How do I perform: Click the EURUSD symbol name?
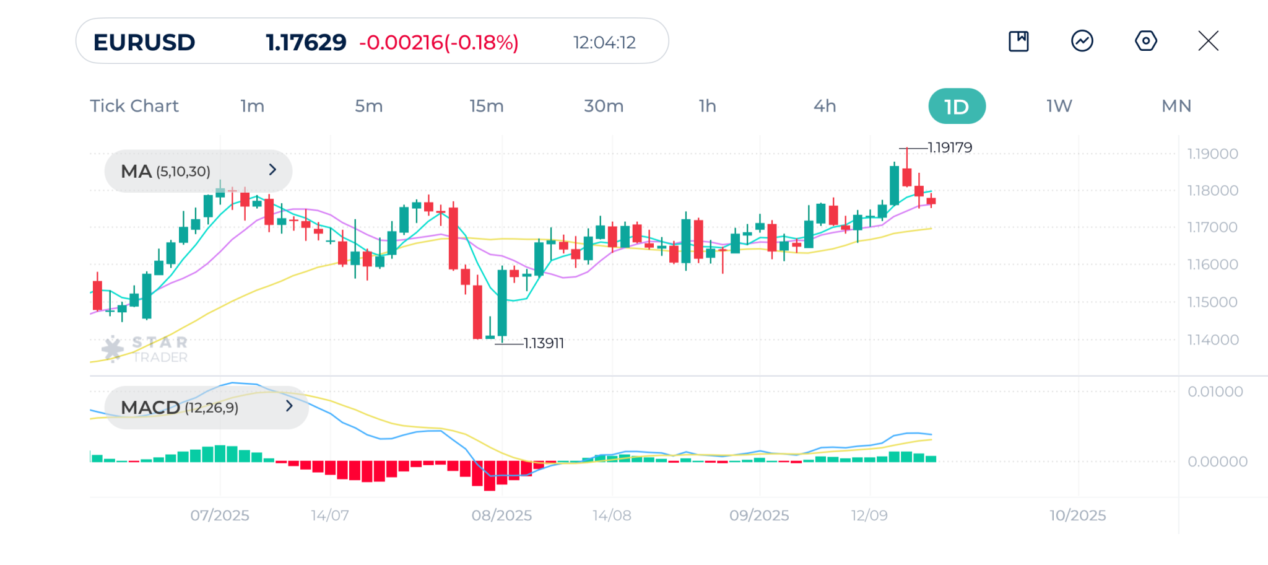(144, 42)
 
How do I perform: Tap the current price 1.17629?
(306, 42)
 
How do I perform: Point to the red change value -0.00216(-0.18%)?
(439, 42)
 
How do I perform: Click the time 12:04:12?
(604, 42)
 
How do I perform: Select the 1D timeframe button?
(957, 107)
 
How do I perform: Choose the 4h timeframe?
(825, 106)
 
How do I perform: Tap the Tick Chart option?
(134, 106)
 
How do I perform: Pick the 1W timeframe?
(1059, 106)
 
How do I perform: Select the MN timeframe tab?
(1176, 106)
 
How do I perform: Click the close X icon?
(1208, 41)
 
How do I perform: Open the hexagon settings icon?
(1145, 41)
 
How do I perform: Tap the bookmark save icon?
(1018, 41)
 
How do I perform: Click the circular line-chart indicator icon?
(1082, 41)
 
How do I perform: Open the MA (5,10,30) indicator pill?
(198, 171)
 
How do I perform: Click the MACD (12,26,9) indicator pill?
(206, 408)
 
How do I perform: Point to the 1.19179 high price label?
(950, 147)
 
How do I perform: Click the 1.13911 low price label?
(544, 343)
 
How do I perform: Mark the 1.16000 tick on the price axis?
(1212, 265)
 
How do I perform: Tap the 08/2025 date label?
(502, 515)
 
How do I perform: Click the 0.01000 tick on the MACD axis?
(1215, 392)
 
